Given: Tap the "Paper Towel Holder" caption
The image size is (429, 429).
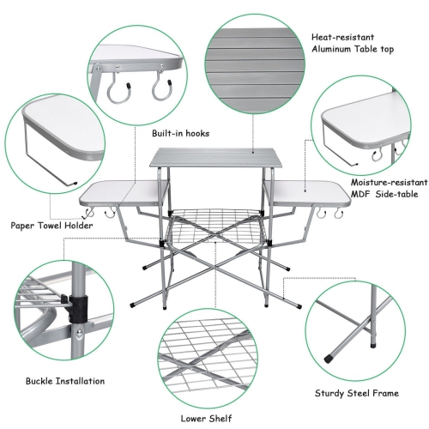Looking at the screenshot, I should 52,226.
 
